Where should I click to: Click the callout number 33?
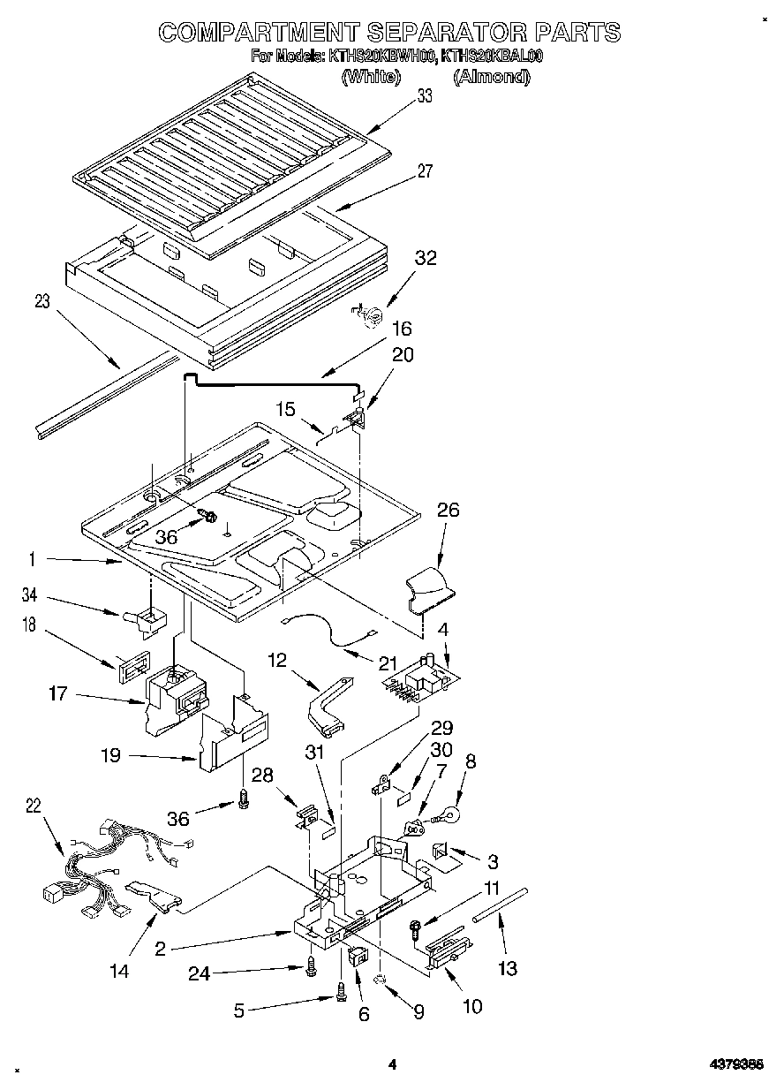tap(425, 97)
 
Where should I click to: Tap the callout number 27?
tap(425, 171)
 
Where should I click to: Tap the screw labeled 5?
tap(341, 996)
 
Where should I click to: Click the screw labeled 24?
tap(309, 969)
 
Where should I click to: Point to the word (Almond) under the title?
tap(491, 77)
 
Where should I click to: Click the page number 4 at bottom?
tap(393, 1065)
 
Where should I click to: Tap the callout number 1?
tap(33, 558)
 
